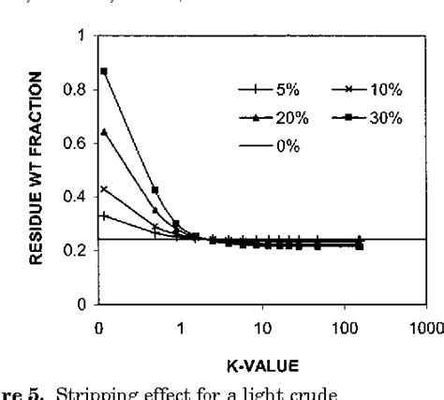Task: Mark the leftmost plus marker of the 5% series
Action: point(104,216)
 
